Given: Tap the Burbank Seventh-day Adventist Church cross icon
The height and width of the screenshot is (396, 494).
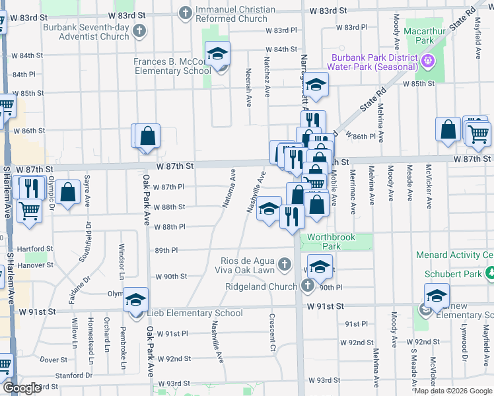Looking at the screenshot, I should coord(139,31).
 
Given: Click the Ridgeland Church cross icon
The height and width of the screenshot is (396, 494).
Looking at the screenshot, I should coord(307,286).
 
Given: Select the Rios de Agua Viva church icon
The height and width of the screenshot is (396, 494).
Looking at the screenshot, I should coord(285,264).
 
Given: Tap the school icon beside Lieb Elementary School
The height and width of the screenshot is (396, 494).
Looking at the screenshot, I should coord(135,300).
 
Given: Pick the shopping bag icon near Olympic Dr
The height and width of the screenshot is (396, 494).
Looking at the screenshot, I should coord(69,193).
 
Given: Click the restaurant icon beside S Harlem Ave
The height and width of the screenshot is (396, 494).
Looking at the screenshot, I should coord(29,188).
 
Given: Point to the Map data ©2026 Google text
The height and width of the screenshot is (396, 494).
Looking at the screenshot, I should coord(453,391).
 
